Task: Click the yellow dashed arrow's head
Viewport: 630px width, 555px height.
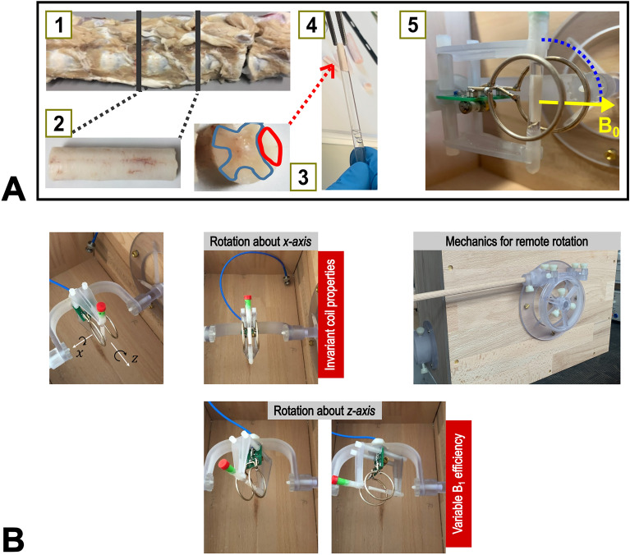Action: [608, 105]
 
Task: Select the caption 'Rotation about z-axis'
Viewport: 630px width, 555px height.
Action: [324, 410]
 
